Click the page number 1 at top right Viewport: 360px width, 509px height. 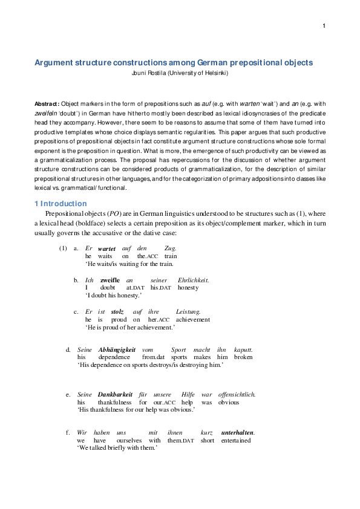pos(324,25)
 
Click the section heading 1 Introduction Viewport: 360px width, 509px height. pos(61,204)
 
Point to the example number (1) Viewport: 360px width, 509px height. pos(63,248)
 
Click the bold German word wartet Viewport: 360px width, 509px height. pos(106,248)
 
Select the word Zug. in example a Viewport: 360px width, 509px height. pos(171,248)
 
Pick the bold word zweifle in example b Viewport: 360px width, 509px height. pos(110,280)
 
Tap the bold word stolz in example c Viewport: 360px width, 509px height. pos(117,312)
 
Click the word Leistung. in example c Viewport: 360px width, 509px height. pos(189,312)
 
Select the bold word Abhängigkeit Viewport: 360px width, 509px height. pos(116,349)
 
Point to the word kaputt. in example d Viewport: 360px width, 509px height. pos(244,349)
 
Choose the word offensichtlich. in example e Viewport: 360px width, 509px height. pos(237,395)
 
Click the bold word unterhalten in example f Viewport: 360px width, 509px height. pos(237,433)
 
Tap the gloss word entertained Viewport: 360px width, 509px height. pos(237,441)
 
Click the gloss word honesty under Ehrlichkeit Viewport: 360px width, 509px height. pos(188,288)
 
